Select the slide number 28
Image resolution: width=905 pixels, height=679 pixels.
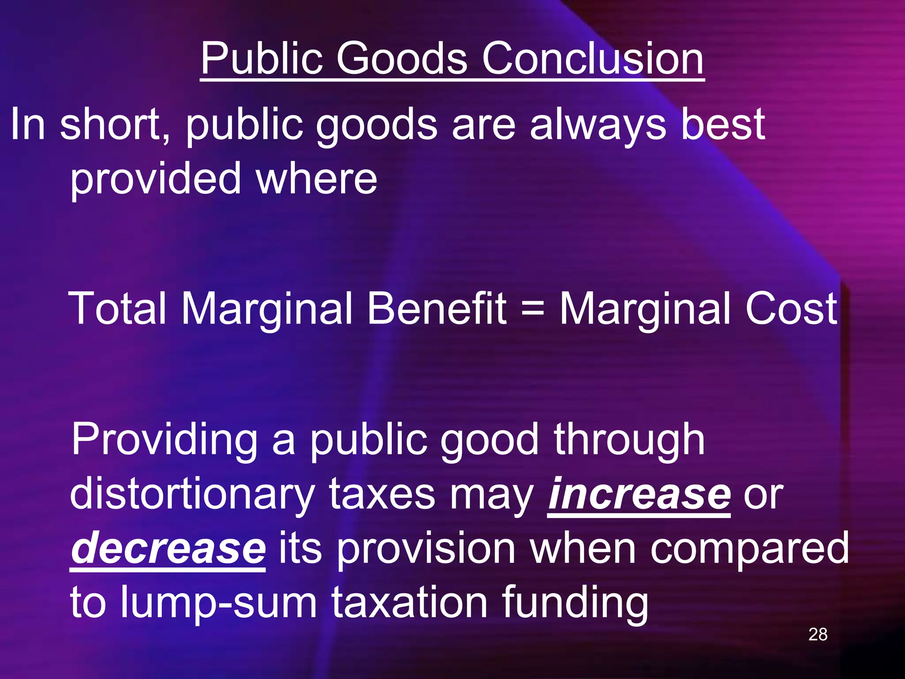pyautogui.click(x=818, y=634)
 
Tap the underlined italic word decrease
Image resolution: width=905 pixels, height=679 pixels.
pyautogui.click(x=168, y=548)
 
